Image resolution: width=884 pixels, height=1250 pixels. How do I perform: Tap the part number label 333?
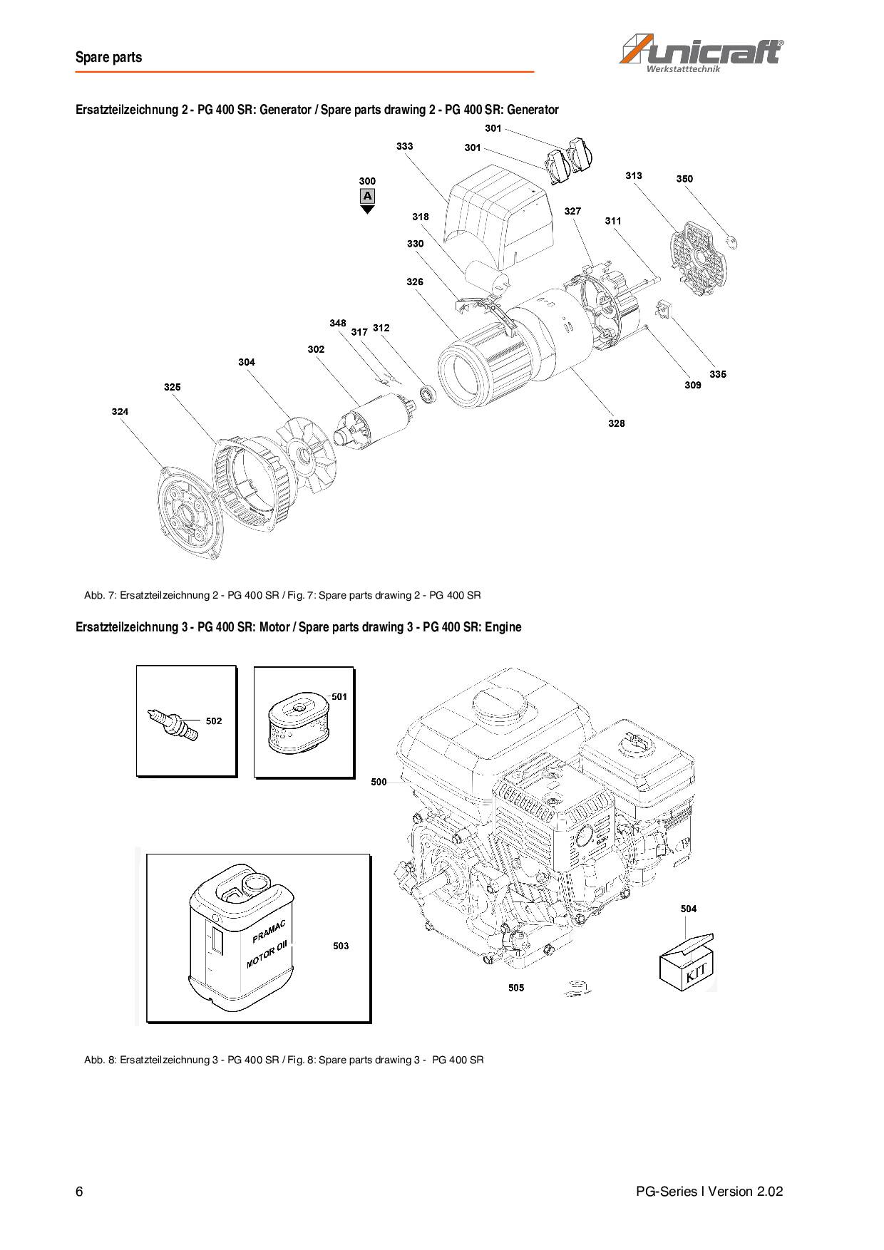click(x=404, y=146)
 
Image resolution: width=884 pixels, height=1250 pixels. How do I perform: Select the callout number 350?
click(x=684, y=179)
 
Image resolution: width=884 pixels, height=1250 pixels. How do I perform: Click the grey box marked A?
click(x=367, y=196)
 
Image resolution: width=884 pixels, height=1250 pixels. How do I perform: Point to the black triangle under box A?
click(x=367, y=210)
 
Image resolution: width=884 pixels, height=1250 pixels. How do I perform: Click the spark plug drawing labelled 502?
click(x=173, y=723)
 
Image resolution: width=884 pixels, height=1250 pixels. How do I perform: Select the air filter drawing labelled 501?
click(x=297, y=725)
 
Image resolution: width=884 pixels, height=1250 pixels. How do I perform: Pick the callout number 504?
click(x=689, y=909)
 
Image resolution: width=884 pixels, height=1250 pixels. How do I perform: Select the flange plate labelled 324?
click(x=187, y=512)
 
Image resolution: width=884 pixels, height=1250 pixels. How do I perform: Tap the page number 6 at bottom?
click(x=79, y=1192)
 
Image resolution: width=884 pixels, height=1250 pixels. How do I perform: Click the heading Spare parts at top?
click(x=109, y=58)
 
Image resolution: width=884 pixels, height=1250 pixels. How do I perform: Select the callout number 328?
click(x=617, y=423)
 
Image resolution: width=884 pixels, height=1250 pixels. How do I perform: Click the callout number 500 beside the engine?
click(x=379, y=782)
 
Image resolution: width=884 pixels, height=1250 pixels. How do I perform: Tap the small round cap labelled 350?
click(x=730, y=241)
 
